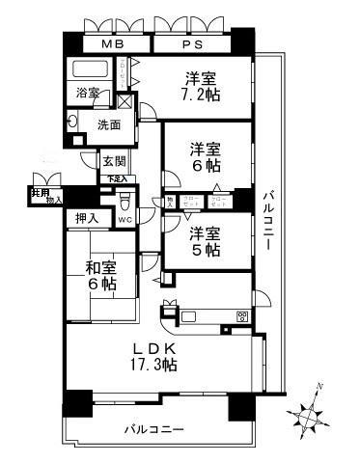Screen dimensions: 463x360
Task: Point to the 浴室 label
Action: click(x=89, y=94)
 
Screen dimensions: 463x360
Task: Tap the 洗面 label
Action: click(x=107, y=123)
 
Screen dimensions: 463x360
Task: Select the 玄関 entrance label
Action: click(x=114, y=163)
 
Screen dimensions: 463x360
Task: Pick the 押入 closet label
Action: click(x=88, y=219)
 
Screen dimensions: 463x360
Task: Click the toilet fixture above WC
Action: click(x=125, y=202)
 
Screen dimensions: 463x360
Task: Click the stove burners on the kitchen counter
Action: click(x=241, y=315)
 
